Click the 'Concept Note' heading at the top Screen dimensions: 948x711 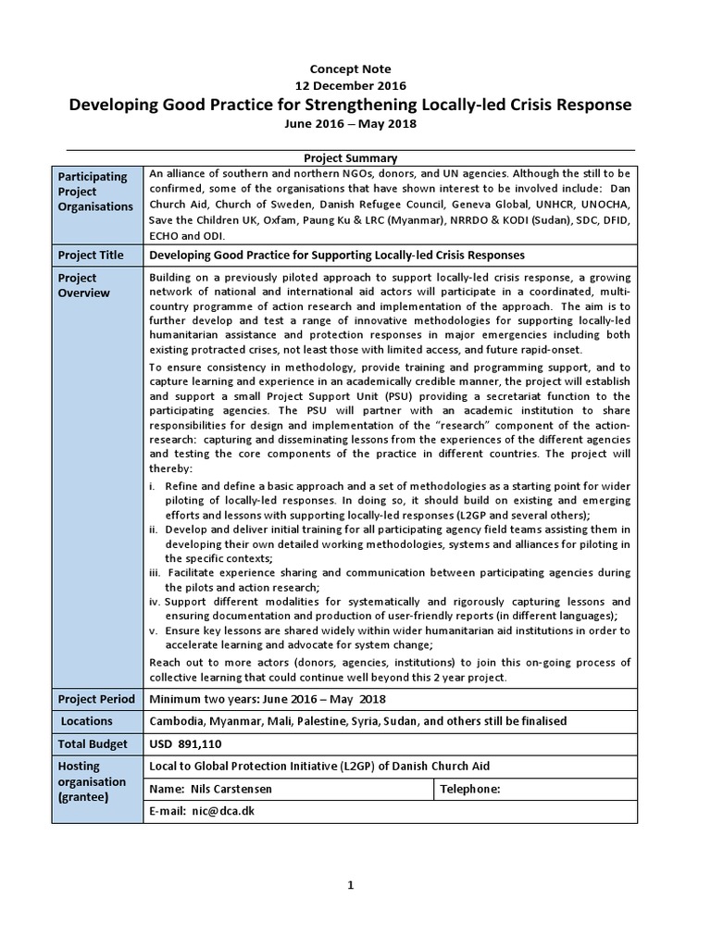[x=350, y=69]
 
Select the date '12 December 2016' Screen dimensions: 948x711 [x=350, y=85]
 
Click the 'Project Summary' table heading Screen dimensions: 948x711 [x=350, y=158]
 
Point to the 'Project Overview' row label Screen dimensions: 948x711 [x=84, y=285]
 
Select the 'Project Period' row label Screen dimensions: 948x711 [x=96, y=699]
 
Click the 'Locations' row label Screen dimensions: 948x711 [x=87, y=721]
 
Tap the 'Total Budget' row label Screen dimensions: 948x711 [x=94, y=743]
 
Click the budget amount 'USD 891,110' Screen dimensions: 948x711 [x=185, y=743]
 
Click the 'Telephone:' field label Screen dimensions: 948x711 [x=470, y=789]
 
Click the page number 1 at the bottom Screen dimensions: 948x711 [x=351, y=886]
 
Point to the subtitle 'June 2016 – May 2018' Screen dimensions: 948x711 [x=350, y=123]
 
